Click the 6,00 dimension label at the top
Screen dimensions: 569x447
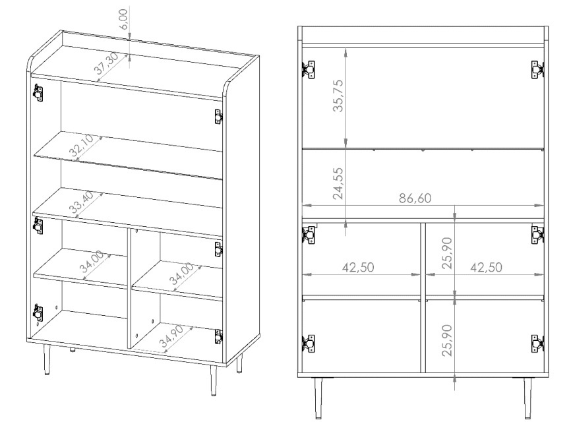pyautogui.click(x=124, y=20)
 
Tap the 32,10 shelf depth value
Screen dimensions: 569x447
pyautogui.click(x=82, y=146)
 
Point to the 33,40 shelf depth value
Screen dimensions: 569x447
pyautogui.click(x=81, y=202)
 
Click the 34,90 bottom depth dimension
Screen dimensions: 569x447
pyautogui.click(x=171, y=336)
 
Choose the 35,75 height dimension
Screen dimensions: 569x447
pyautogui.click(x=338, y=96)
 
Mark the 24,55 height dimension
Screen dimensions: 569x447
pyautogui.click(x=338, y=183)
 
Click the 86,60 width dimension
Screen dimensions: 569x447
pyautogui.click(x=415, y=198)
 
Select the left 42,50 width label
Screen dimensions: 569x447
pyautogui.click(x=358, y=268)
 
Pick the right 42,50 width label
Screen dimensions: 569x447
pyautogui.click(x=487, y=268)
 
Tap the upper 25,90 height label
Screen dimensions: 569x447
pyautogui.click(x=448, y=253)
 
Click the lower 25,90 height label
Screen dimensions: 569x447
pyautogui.click(x=448, y=340)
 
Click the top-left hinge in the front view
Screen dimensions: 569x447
pyautogui.click(x=309, y=69)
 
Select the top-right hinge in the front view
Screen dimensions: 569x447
pyautogui.click(x=538, y=69)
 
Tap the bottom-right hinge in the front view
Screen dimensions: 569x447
pyautogui.click(x=538, y=343)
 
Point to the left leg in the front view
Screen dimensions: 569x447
pyautogui.click(x=318, y=398)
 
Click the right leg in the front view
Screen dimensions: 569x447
pyautogui.click(x=527, y=398)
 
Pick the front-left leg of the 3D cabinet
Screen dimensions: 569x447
pyautogui.click(x=46, y=359)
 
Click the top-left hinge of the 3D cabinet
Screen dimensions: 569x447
pyautogui.click(x=38, y=92)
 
